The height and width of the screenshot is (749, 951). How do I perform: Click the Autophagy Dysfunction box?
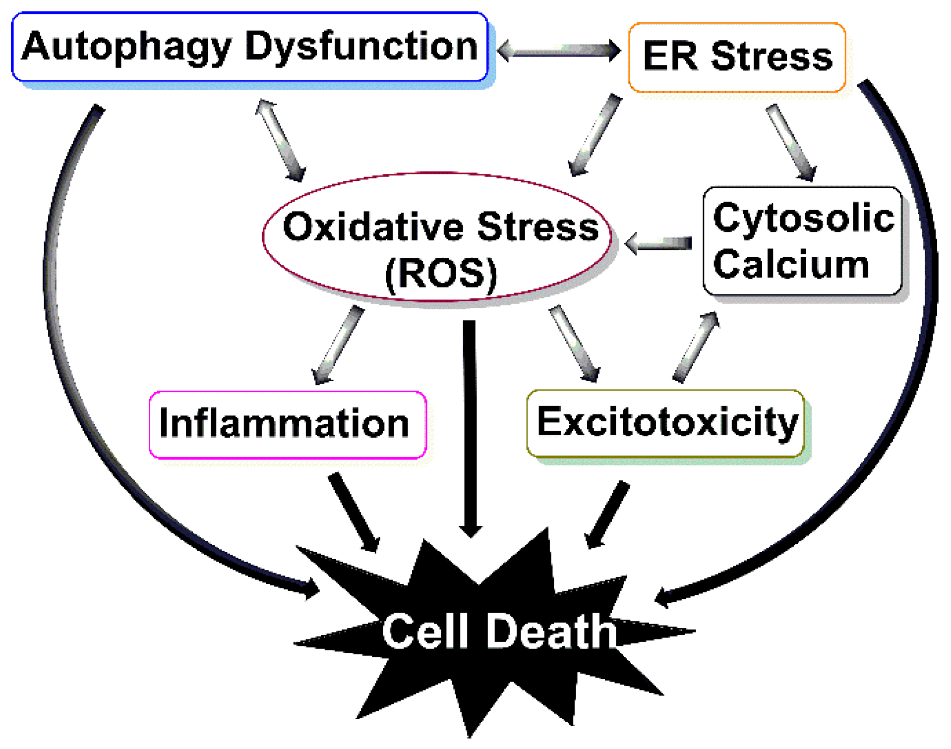click(249, 47)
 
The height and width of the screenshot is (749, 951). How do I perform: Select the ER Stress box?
click(737, 57)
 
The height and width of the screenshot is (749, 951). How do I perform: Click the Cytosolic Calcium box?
click(802, 241)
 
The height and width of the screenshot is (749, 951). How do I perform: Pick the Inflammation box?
click(288, 425)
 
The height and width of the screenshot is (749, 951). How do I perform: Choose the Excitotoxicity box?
click(665, 423)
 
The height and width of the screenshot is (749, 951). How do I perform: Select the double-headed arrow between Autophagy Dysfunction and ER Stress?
click(559, 51)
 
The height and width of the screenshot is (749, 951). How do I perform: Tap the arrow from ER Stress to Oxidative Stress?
click(595, 135)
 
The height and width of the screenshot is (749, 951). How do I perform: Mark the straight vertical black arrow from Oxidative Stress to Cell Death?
click(470, 426)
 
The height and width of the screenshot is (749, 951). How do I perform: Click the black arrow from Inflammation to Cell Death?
click(354, 512)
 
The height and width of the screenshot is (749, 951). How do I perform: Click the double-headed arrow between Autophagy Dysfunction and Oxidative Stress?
click(281, 140)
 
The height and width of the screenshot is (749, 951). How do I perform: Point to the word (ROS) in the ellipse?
click(441, 274)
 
